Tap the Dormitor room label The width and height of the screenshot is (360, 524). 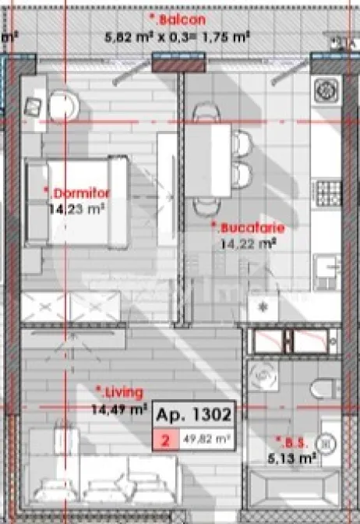pyautogui.click(x=78, y=193)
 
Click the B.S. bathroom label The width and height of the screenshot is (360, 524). pyautogui.click(x=291, y=443)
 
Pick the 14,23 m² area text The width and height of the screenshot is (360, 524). pyautogui.click(x=76, y=209)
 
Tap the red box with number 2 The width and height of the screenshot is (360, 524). pyautogui.click(x=165, y=440)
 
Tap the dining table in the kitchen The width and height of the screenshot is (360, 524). pyautogui.click(x=208, y=156)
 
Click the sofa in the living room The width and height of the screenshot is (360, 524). pyautogui.click(x=101, y=476)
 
